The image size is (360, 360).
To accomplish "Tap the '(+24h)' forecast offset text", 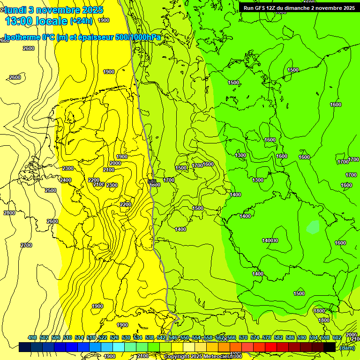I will (x=81, y=21).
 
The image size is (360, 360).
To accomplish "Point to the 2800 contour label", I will (x=9, y=213).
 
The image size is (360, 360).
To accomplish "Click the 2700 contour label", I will (x=26, y=245).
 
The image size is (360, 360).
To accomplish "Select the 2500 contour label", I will (x=51, y=190).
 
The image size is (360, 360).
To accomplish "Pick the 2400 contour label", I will (x=66, y=180).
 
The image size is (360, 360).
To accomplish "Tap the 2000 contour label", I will (x=115, y=163).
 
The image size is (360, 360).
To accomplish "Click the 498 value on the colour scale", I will (x=32, y=338).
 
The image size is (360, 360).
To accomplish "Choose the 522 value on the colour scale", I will (x=103, y=338).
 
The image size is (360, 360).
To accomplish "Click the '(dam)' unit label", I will (x=347, y=348).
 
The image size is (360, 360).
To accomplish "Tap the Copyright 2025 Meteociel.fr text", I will (x=202, y=357).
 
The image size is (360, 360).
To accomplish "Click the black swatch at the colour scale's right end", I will (x=330, y=347).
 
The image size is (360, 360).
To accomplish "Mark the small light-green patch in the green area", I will (x=313, y=227).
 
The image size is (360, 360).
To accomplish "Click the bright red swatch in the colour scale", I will (x=271, y=347).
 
